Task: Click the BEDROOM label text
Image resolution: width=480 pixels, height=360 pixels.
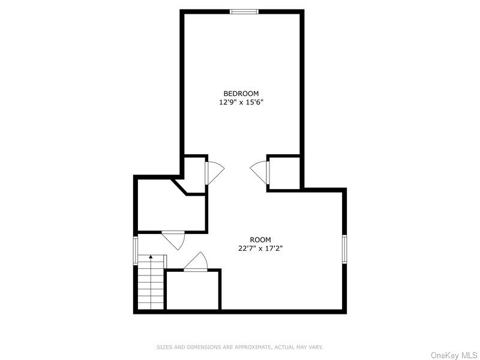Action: (x=241, y=93)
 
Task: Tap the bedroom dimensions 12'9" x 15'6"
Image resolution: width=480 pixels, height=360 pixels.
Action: (x=241, y=102)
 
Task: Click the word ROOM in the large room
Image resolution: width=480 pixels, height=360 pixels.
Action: (x=260, y=239)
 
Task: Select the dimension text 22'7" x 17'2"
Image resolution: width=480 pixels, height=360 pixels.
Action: (x=260, y=248)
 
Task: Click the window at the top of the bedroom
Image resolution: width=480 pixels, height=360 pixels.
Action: (x=245, y=11)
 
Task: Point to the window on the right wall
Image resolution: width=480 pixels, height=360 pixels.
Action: (x=344, y=248)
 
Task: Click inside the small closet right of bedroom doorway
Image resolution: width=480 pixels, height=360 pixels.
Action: (x=284, y=173)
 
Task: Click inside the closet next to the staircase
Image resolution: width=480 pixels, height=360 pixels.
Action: (x=193, y=290)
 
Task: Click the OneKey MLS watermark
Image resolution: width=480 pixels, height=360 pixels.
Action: (x=453, y=355)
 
